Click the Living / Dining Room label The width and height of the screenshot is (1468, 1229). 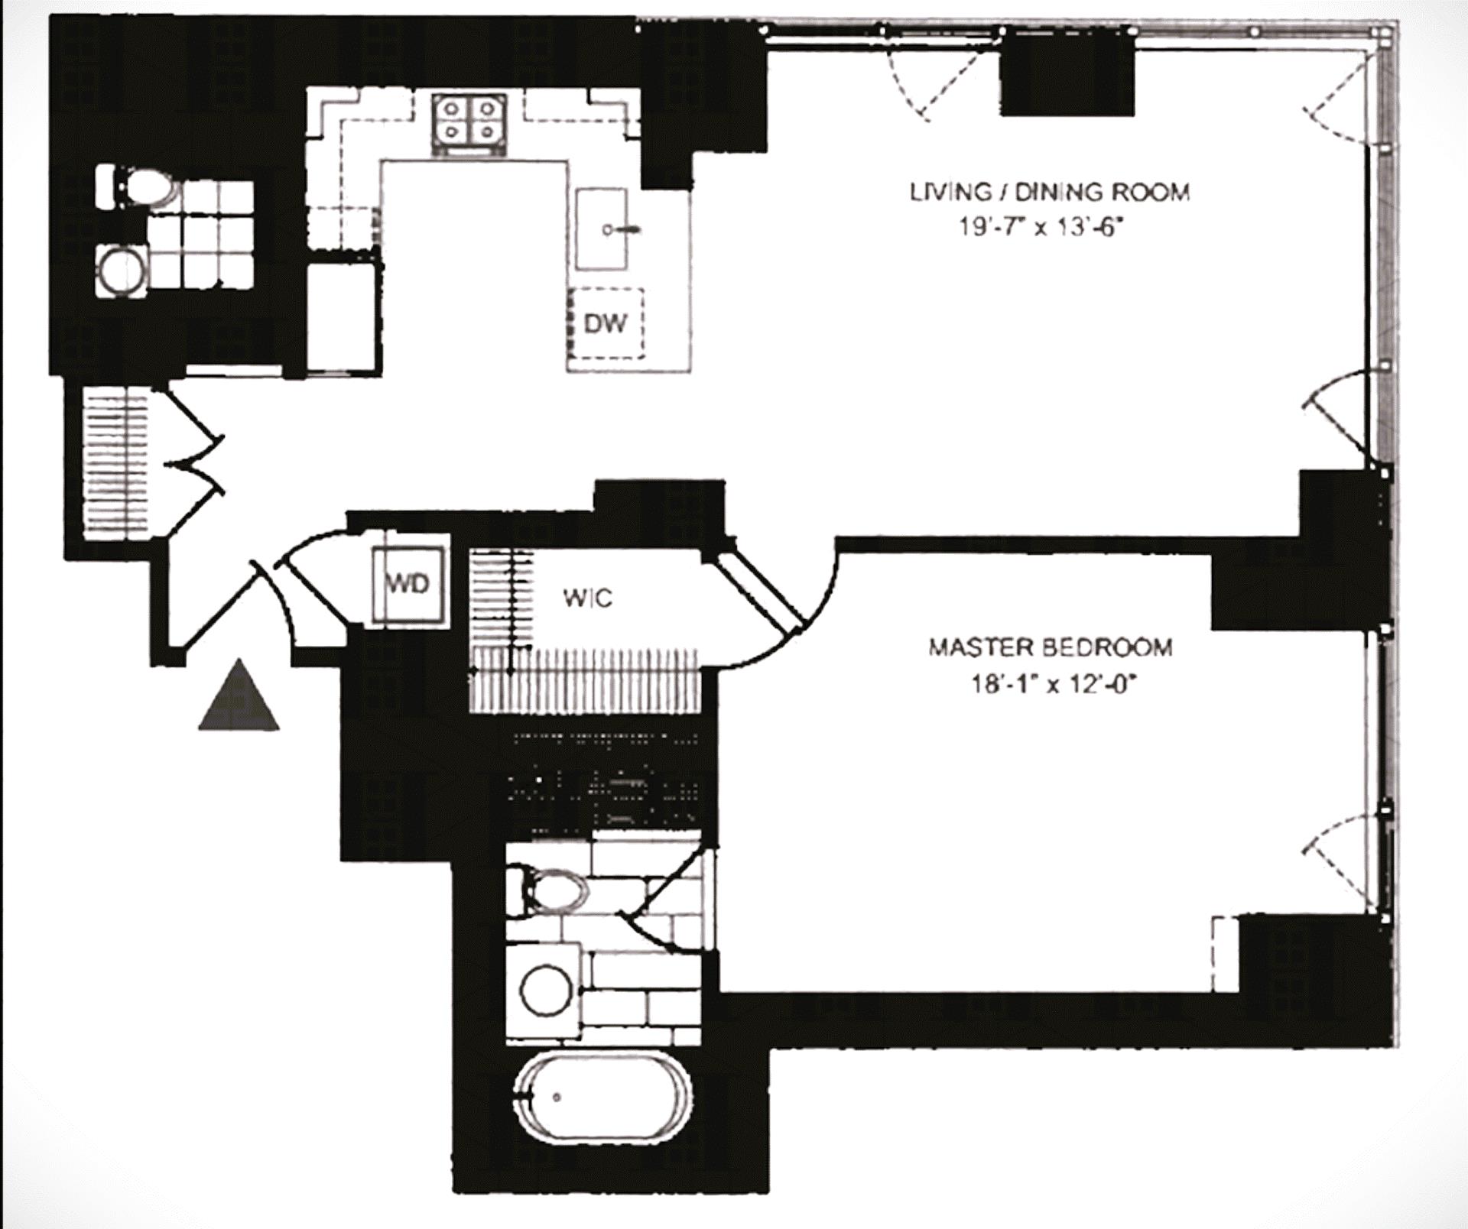point(1049,192)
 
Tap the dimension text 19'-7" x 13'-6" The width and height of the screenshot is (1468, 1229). point(1044,228)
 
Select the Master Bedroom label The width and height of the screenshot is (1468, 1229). point(1050,647)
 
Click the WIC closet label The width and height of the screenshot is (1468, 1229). point(587,598)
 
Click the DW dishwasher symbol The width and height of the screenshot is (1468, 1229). point(606,323)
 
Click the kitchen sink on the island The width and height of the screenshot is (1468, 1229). point(602,229)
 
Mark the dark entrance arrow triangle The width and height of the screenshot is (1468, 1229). point(239,697)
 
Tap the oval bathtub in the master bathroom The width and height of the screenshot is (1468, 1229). point(602,1098)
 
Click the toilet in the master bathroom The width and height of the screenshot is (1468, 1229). point(554,890)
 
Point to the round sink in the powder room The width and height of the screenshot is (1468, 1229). point(122,269)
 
